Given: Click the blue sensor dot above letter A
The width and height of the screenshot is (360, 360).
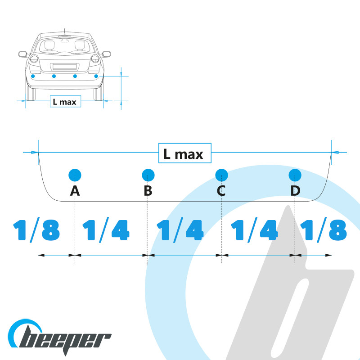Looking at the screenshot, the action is [x=75, y=175].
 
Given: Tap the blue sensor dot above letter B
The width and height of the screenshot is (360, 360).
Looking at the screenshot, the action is [x=148, y=175].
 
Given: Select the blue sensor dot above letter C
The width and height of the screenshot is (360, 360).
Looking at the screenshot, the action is [x=221, y=175].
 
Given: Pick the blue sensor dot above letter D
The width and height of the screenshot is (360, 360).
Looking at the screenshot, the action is [x=295, y=175].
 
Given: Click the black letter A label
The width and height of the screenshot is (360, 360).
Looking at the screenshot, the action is [x=75, y=191].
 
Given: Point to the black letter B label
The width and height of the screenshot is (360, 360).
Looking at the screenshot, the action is [x=148, y=191].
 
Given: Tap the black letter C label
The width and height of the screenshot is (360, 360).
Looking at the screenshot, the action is [x=221, y=191].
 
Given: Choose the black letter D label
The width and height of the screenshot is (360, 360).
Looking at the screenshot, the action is [x=295, y=191].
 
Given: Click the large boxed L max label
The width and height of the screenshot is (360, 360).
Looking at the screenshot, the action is [x=185, y=153].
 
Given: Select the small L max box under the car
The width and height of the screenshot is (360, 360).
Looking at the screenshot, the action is [x=65, y=102].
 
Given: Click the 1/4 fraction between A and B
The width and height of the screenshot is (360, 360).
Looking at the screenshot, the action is [x=106, y=230].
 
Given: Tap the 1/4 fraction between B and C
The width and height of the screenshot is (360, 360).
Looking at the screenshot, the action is [x=180, y=230].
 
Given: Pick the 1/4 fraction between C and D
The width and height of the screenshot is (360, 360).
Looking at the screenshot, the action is [x=254, y=230].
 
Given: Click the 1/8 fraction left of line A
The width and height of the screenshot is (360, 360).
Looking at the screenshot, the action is [x=37, y=230].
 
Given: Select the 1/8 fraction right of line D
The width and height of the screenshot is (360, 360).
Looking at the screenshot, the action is [x=324, y=230].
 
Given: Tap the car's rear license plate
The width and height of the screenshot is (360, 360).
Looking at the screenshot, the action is [x=64, y=67].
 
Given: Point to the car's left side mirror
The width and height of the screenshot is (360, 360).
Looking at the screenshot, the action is [x=23, y=54].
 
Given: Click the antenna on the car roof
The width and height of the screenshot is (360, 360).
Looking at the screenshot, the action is [x=65, y=31].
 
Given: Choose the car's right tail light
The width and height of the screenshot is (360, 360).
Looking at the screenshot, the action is [x=95, y=59].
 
